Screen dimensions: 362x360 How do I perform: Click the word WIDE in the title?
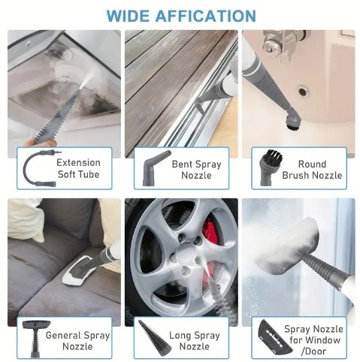coord(132,15)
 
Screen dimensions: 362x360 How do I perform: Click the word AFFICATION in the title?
coord(207,15)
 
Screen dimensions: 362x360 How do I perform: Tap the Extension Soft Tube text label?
coord(78,169)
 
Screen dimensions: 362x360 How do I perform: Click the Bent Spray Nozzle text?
coord(196,169)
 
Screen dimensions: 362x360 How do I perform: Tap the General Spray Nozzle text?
coord(77,340)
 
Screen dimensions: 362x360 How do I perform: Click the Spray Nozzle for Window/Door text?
coord(313,340)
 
